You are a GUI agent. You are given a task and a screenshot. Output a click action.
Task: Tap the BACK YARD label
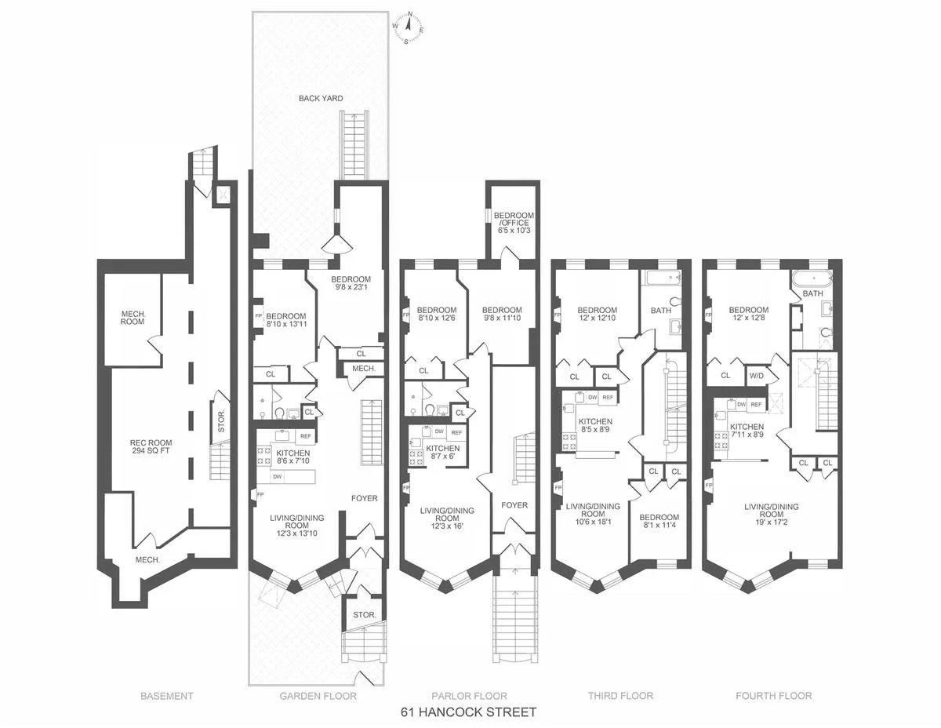321,98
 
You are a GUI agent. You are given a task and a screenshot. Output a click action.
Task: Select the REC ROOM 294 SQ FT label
151,447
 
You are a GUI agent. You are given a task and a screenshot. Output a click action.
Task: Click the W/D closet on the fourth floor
757,375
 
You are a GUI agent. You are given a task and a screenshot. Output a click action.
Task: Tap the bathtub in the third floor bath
661,278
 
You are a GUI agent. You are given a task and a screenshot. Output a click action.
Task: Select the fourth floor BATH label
812,293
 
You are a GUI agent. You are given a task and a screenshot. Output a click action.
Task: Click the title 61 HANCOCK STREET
469,712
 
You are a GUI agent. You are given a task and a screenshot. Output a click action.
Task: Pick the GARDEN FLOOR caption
318,696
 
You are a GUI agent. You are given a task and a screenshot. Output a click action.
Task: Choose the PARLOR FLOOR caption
469,696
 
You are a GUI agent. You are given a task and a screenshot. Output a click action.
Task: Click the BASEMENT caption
166,696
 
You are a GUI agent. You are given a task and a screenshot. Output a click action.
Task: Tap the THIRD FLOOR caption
620,696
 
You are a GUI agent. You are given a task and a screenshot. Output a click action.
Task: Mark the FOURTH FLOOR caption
773,696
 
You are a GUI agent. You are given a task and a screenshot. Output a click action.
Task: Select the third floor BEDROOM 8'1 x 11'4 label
659,522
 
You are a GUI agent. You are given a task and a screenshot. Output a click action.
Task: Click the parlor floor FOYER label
514,505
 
